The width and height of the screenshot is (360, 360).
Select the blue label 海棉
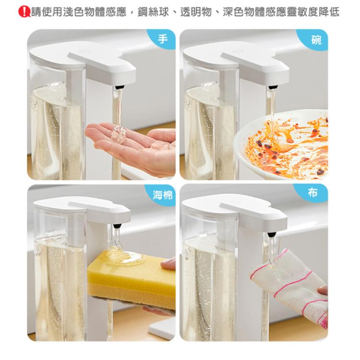[160, 194]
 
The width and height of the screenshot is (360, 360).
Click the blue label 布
[316, 193]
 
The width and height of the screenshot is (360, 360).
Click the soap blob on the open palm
[119, 134]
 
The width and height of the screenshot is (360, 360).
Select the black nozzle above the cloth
[272, 234]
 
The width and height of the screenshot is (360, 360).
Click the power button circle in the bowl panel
[236, 51]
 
